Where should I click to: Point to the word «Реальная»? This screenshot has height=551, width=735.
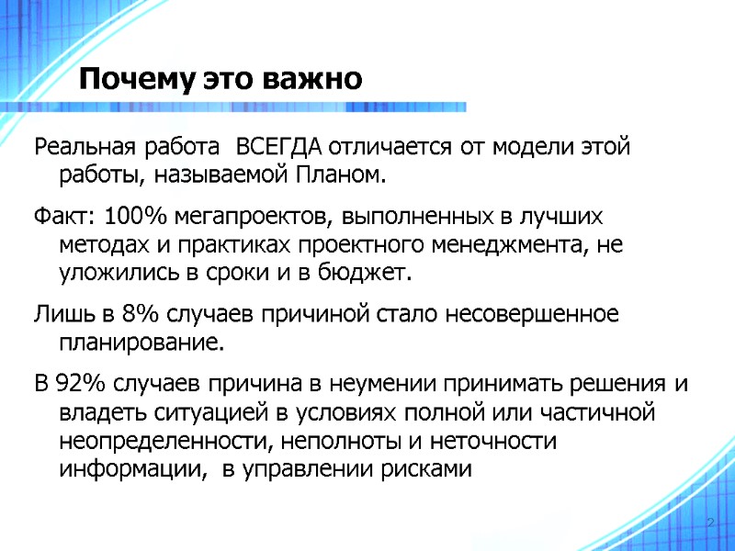pos(78,146)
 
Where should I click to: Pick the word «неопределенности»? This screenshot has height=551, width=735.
pos(163,441)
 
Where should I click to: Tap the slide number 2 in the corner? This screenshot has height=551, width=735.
pos(710,523)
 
